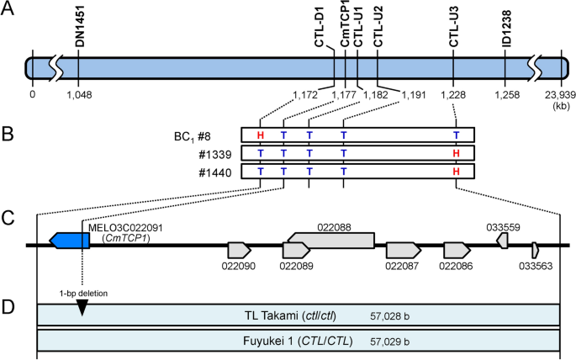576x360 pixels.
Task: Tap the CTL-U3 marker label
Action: pos(454,26)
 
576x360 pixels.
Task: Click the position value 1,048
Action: pos(78,95)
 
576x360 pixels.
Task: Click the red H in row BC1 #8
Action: pos(261,135)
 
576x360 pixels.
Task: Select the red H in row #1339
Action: pos(456,153)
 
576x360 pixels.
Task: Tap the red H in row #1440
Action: pos(456,172)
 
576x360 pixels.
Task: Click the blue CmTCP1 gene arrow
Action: pos(70,240)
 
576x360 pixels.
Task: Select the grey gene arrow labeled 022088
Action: pos(330,241)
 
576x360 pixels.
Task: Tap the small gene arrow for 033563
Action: pos(535,249)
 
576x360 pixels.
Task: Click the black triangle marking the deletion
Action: pos(82,309)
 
